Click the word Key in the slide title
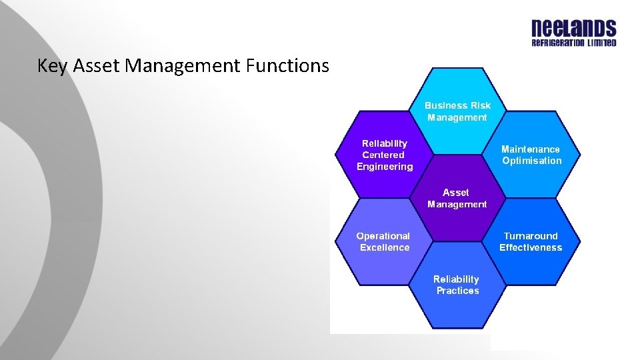click(52, 66)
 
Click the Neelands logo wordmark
click(573, 29)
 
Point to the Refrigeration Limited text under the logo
click(573, 43)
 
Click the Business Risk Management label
click(457, 111)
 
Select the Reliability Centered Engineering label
click(385, 155)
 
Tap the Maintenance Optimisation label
click(531, 155)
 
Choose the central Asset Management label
click(457, 199)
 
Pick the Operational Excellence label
click(383, 241)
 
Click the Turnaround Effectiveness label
click(531, 241)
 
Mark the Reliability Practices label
click(457, 285)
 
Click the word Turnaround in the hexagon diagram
click(531, 236)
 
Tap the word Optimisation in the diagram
click(532, 161)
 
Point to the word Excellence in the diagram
click(385, 247)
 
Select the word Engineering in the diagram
click(385, 167)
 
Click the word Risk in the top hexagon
click(480, 105)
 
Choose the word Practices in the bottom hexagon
click(457, 291)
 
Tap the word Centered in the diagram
click(383, 155)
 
